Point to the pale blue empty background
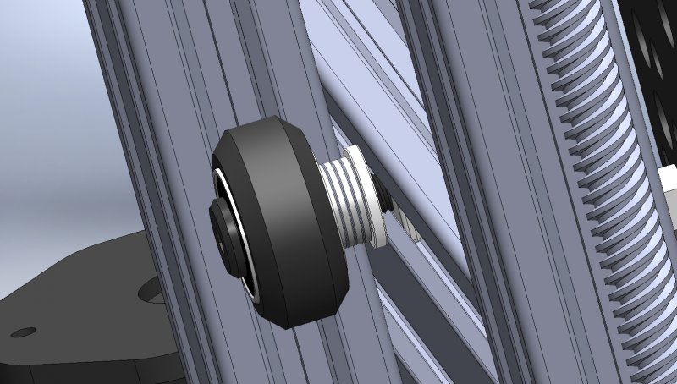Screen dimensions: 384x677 pos(42,127)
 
